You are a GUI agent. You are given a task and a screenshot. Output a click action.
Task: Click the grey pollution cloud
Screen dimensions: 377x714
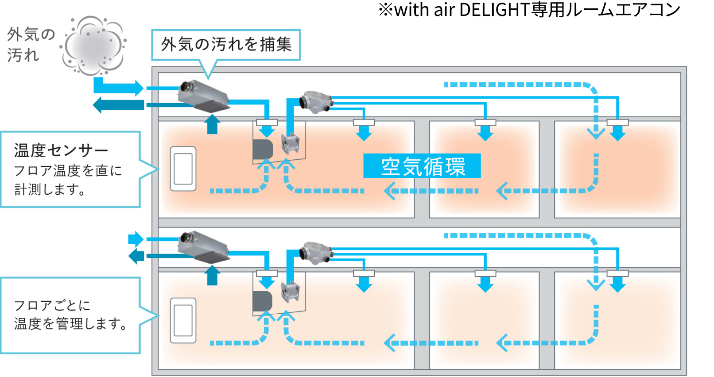click(94, 46)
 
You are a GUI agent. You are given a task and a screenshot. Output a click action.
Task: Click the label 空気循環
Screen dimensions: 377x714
click(422, 166)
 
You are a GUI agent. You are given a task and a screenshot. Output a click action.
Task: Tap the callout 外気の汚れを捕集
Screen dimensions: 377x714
click(226, 45)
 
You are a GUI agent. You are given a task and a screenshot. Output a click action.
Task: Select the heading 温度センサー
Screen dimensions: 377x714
click(61, 150)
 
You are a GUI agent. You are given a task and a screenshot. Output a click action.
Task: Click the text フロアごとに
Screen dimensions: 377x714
click(52, 305)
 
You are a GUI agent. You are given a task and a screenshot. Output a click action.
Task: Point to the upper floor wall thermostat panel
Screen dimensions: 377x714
click(183, 169)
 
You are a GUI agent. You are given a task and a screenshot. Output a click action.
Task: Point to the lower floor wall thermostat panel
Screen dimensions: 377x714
click(183, 320)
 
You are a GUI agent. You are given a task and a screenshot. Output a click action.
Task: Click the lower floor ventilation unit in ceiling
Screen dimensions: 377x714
click(204, 247)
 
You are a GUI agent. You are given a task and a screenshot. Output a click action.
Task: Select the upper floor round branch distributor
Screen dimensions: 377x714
click(315, 102)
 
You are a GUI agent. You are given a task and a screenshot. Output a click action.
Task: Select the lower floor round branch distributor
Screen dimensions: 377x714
click(315, 253)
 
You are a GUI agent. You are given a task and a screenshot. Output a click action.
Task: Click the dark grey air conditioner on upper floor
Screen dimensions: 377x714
click(262, 149)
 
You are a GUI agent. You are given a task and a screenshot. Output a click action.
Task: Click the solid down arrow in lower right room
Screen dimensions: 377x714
click(617, 283)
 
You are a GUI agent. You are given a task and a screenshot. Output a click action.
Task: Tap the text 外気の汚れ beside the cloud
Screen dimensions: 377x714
click(30, 44)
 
